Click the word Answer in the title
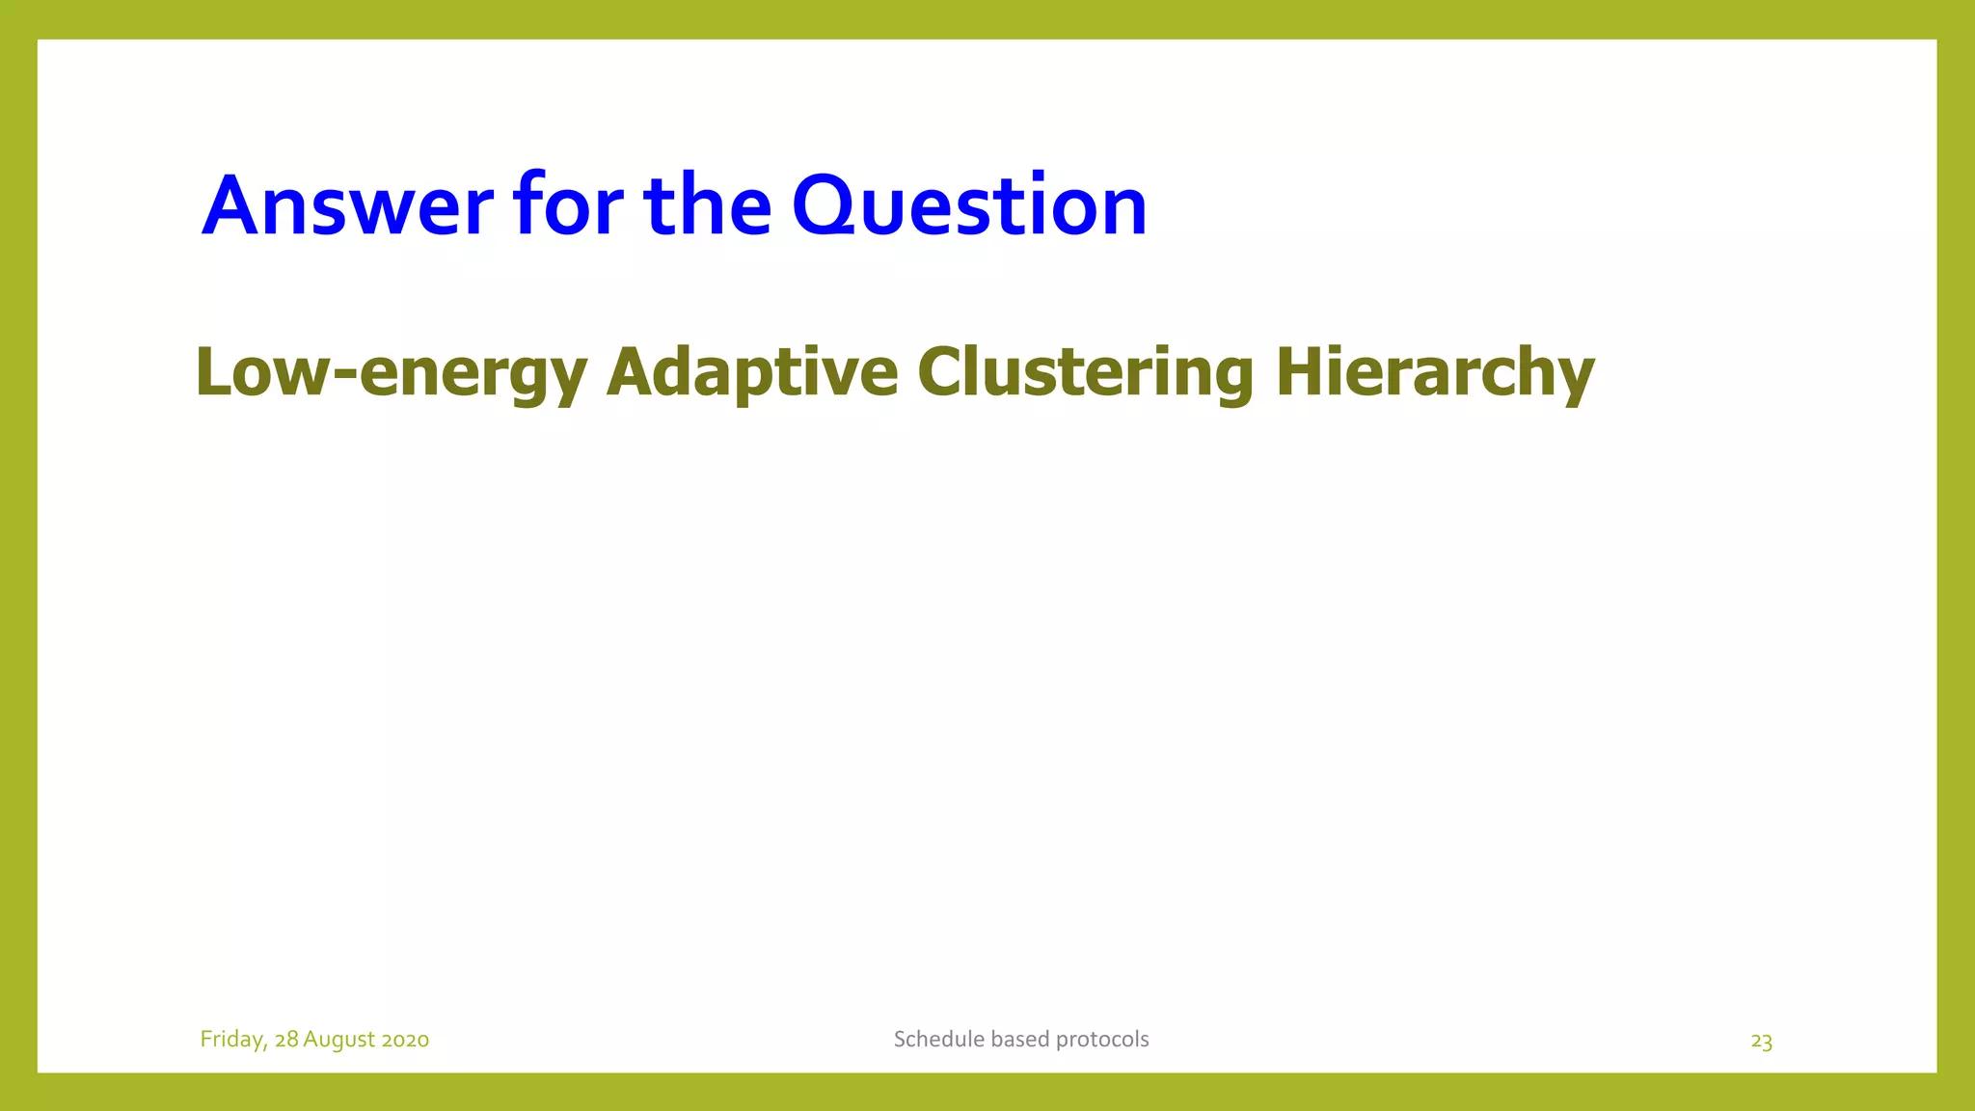[x=347, y=205]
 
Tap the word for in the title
[x=568, y=205]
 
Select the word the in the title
[x=707, y=205]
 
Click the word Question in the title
[x=969, y=205]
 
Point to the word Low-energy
[x=391, y=373]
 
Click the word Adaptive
[x=752, y=373]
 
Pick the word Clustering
[x=1085, y=373]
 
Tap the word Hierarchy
[x=1434, y=373]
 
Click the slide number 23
[x=1761, y=1042]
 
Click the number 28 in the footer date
[x=286, y=1040]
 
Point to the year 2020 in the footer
[x=405, y=1040]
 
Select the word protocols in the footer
[x=1102, y=1040]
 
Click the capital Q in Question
[x=825, y=205]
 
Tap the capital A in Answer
[x=232, y=205]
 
